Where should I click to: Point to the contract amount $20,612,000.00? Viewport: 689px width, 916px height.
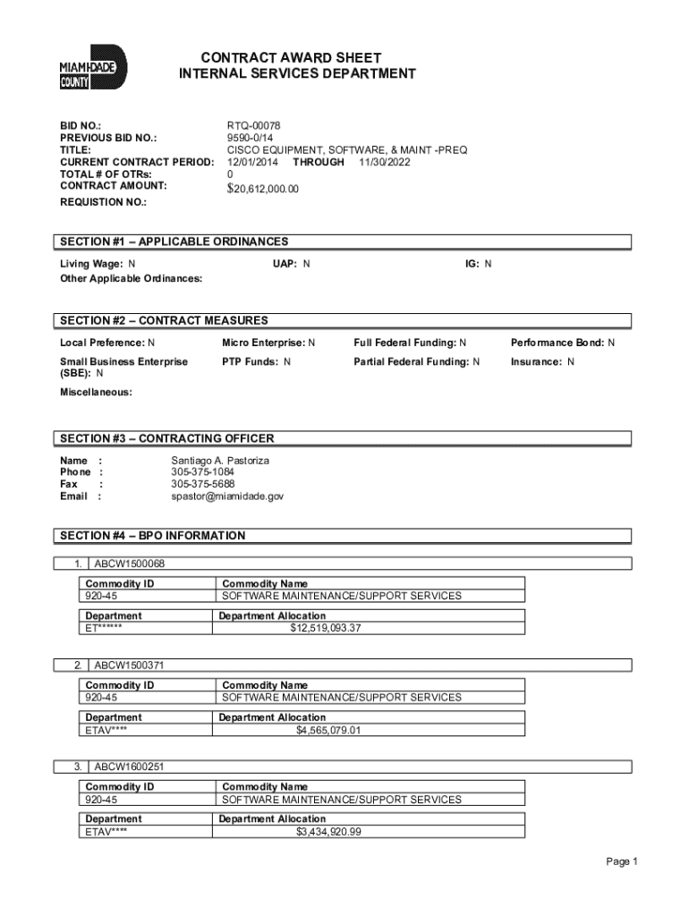click(263, 189)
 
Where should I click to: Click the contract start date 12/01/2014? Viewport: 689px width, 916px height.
click(253, 162)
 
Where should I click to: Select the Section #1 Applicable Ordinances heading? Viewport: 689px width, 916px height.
click(174, 242)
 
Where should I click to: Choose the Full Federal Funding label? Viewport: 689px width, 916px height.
click(411, 343)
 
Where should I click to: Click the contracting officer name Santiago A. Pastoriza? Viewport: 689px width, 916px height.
click(220, 460)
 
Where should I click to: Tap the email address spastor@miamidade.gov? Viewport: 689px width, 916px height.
click(227, 496)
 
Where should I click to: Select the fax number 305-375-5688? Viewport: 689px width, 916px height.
click(203, 484)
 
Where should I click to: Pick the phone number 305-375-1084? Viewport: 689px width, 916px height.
click(203, 471)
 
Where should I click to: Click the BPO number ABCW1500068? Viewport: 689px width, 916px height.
click(130, 564)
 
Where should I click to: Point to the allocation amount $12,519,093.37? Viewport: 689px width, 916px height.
click(326, 628)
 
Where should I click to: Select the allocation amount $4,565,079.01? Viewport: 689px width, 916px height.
click(328, 730)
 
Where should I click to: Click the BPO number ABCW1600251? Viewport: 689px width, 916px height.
click(130, 767)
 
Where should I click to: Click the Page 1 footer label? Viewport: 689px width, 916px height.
click(621, 861)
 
